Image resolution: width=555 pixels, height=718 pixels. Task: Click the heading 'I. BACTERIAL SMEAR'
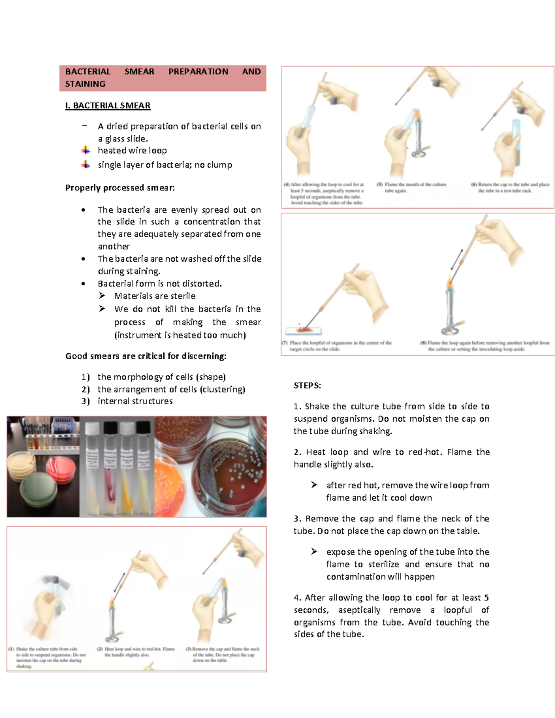coord(108,105)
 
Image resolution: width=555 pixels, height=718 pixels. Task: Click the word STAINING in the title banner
coord(85,84)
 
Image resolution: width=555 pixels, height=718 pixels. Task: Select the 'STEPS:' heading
coord(307,386)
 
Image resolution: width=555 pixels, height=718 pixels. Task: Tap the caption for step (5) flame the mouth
coord(412,187)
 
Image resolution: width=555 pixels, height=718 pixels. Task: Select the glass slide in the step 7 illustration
coord(303,331)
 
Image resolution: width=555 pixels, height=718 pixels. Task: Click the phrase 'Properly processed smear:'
coord(120,188)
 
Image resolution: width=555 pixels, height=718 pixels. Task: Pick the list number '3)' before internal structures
coord(85,401)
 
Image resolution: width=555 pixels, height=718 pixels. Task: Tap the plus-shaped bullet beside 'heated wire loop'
coord(86,150)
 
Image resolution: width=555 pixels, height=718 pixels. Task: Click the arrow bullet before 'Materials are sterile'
coord(102,295)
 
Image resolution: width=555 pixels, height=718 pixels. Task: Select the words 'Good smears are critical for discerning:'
coord(146,356)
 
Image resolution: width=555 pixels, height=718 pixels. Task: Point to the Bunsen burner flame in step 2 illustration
coord(112,603)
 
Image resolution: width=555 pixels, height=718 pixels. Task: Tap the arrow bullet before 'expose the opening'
coord(314,551)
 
